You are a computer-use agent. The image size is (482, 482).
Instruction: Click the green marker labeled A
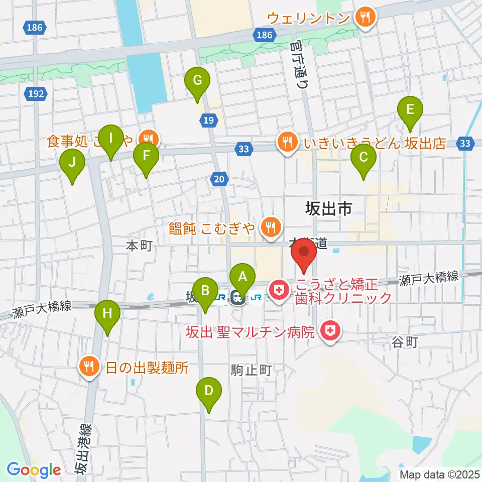[x=243, y=278]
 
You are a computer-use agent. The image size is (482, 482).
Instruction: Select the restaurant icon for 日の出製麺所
[x=89, y=367]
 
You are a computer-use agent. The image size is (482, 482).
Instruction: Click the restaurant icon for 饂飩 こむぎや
[x=271, y=227]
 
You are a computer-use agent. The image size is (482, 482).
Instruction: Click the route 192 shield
[x=37, y=93]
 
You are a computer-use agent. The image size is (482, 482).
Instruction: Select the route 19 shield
[x=209, y=119]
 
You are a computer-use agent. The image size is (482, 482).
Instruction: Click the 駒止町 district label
[x=252, y=371]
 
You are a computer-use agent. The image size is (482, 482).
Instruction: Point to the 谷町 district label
[x=404, y=342]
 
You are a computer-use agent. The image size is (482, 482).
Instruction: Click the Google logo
[x=34, y=470]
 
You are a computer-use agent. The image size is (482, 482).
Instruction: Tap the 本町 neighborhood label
[x=139, y=246]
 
